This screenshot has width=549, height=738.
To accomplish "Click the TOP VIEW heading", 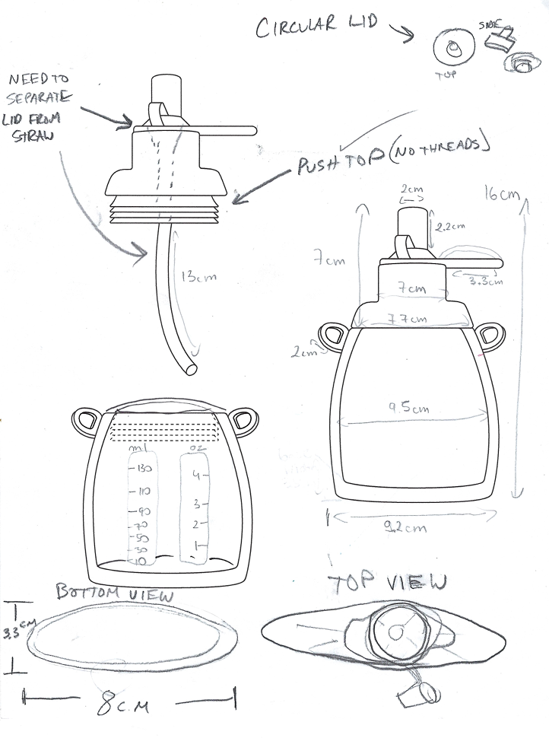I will [x=387, y=584].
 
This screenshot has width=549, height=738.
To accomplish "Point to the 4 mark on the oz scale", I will [x=195, y=477].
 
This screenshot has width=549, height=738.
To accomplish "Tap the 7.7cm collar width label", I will [x=406, y=318].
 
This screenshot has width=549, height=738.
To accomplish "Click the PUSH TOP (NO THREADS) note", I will [x=391, y=155].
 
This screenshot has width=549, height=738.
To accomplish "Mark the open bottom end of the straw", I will [x=190, y=371].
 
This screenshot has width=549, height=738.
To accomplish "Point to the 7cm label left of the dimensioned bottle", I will [x=328, y=261].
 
